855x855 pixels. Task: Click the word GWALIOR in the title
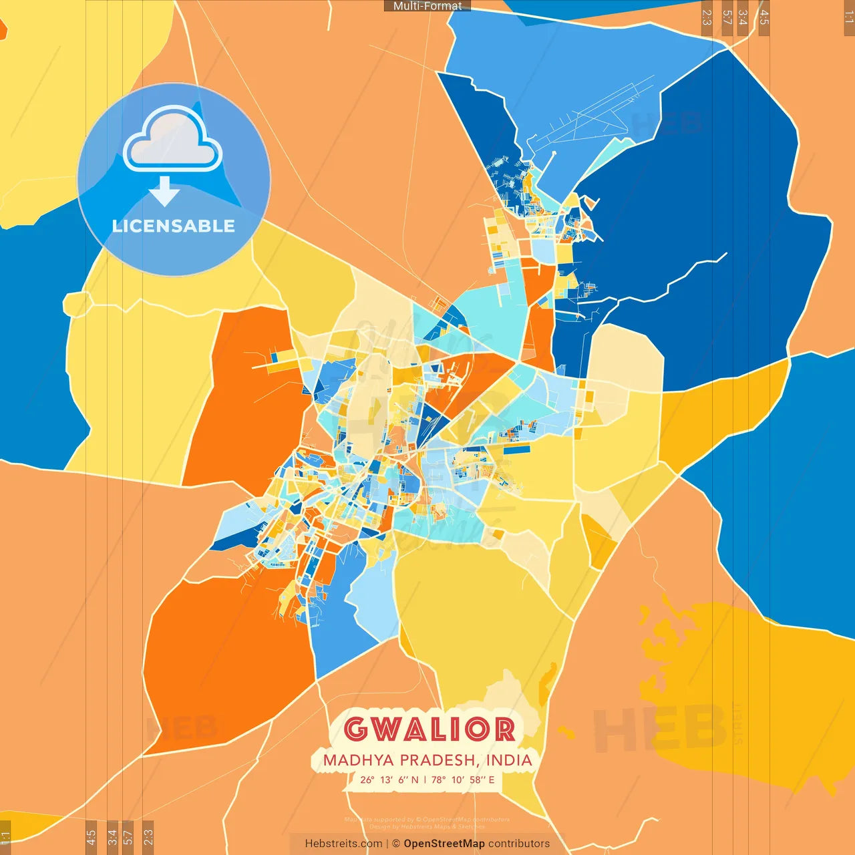(430, 729)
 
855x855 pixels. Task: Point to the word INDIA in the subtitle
(509, 760)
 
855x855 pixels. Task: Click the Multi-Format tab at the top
(427, 6)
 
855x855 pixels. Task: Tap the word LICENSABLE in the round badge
(174, 226)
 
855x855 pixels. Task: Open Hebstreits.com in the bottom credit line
(343, 844)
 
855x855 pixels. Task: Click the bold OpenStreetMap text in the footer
(444, 844)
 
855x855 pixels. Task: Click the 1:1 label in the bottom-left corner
(5, 837)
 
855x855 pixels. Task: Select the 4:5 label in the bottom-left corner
(91, 837)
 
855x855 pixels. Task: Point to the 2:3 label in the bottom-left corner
(148, 837)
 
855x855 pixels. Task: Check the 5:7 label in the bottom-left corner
(128, 837)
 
